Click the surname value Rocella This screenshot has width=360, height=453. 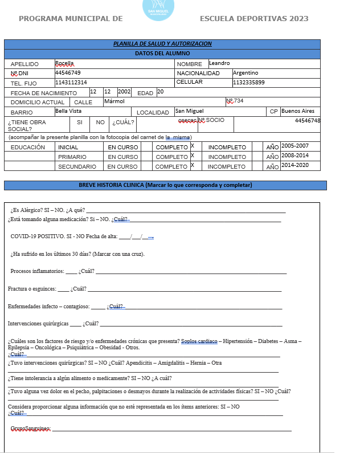pos(64,63)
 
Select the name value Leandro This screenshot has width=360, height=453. pos(219,63)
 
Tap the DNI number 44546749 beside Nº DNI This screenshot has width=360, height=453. pos(68,73)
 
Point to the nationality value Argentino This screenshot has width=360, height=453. pos(246,73)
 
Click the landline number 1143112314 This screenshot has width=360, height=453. pos(71,83)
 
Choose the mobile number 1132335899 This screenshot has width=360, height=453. pos(249,83)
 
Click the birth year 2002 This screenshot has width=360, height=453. pos(124,92)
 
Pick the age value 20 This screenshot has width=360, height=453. pos(160,92)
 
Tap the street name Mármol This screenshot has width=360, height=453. pos(114,101)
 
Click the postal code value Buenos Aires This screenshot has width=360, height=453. pos(301,111)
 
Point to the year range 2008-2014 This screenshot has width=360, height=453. pos(295,156)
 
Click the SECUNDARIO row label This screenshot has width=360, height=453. pos(77,166)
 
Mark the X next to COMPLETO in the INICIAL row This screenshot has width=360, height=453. pos(193,146)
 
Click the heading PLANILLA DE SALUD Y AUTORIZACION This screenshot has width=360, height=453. pos(162,44)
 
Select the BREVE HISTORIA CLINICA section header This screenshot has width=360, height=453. pos(165,185)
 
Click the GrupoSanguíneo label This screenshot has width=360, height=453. pos(31,428)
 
